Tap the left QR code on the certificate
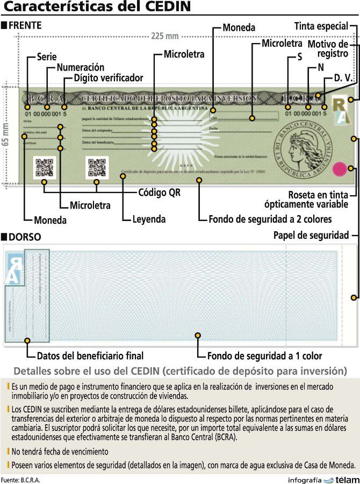click(44, 167)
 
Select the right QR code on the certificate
click(97, 167)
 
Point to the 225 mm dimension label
click(164, 36)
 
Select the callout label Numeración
click(80, 67)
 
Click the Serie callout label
click(47, 56)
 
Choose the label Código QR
click(160, 192)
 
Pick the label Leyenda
click(149, 219)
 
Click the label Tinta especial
click(321, 26)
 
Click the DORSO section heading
click(25, 237)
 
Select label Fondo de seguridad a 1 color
click(265, 355)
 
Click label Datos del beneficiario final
click(90, 355)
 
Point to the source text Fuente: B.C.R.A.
click(20, 480)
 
